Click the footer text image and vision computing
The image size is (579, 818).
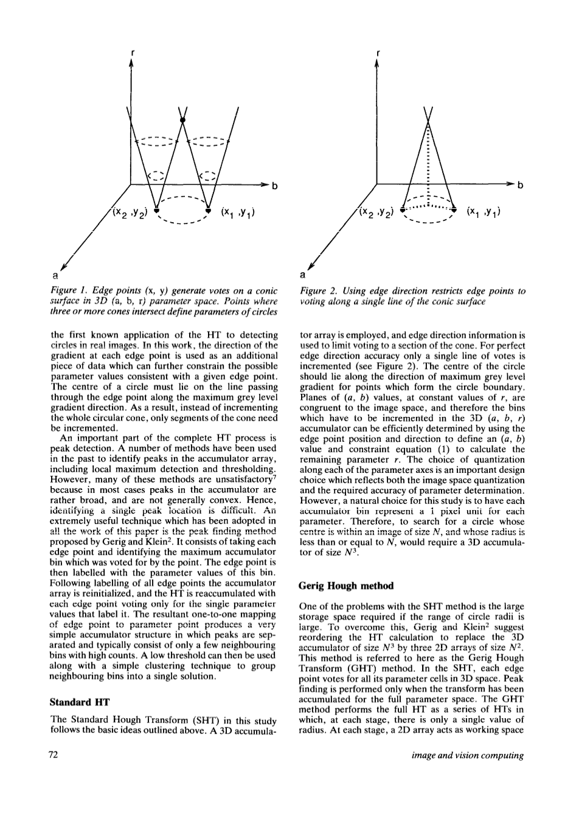[x=468, y=755]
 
